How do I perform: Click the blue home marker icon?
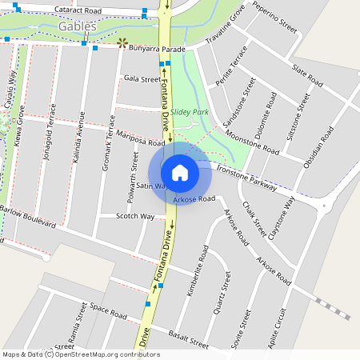[x=180, y=172]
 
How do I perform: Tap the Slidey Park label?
[x=189, y=112]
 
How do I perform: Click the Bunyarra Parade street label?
[x=158, y=50]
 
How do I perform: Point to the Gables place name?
[x=78, y=26]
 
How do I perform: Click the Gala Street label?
[x=142, y=79]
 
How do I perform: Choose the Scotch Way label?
[x=135, y=216]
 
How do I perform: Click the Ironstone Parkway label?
[x=246, y=177]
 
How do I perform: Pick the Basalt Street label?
[x=189, y=340]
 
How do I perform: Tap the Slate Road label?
[x=307, y=75]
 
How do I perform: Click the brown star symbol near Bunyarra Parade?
[x=122, y=43]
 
